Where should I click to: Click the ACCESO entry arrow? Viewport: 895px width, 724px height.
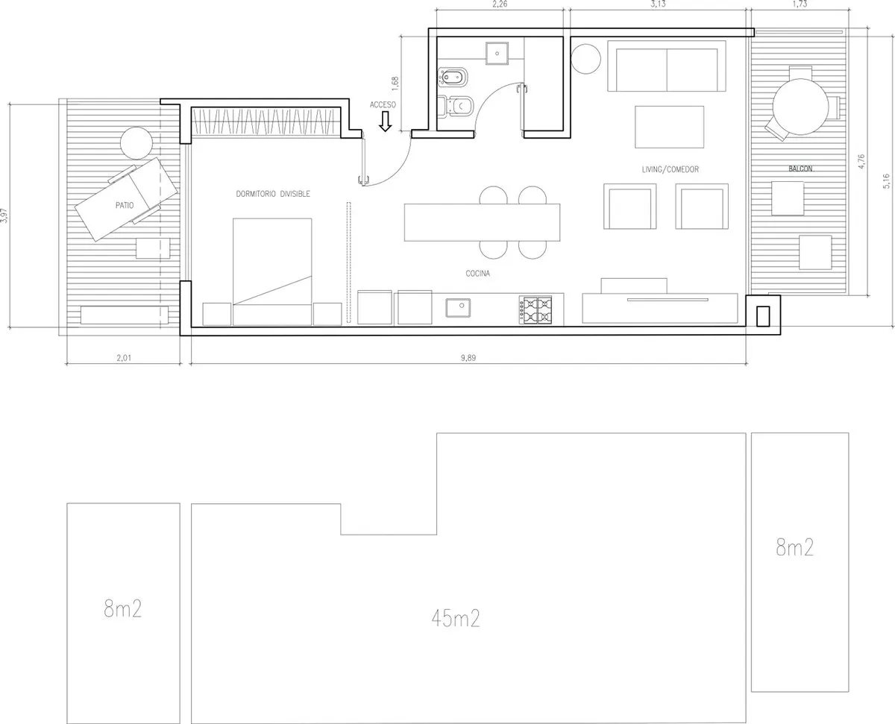pyautogui.click(x=385, y=122)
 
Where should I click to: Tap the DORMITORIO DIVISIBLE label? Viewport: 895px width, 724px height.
pyautogui.click(x=273, y=194)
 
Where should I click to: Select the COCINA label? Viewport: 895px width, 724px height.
pyautogui.click(x=478, y=274)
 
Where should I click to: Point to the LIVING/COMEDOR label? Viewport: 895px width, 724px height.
pyautogui.click(x=671, y=170)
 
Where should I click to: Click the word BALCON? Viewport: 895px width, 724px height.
pyautogui.click(x=801, y=169)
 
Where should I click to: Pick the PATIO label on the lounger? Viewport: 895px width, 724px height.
pyautogui.click(x=125, y=205)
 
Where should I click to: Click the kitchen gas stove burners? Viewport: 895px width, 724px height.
pyautogui.click(x=536, y=310)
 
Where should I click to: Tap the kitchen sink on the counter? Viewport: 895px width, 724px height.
pyautogui.click(x=458, y=308)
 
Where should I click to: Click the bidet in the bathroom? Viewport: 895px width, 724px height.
pyautogui.click(x=453, y=78)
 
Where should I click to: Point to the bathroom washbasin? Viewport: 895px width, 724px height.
pyautogui.click(x=497, y=54)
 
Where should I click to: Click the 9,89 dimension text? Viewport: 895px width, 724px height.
pyautogui.click(x=468, y=358)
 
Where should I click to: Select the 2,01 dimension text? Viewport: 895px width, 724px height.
pyautogui.click(x=124, y=358)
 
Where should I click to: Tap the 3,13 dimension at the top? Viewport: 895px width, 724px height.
pyautogui.click(x=658, y=4)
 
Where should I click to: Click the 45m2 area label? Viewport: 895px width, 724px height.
pyautogui.click(x=456, y=619)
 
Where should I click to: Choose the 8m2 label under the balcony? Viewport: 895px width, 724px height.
pyautogui.click(x=794, y=547)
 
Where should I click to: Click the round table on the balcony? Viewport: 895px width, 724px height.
pyautogui.click(x=801, y=107)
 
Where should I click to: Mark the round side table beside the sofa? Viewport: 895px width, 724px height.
pyautogui.click(x=586, y=59)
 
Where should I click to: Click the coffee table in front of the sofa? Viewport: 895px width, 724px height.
pyautogui.click(x=669, y=127)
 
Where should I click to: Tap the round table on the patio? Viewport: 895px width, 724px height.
pyautogui.click(x=136, y=143)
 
